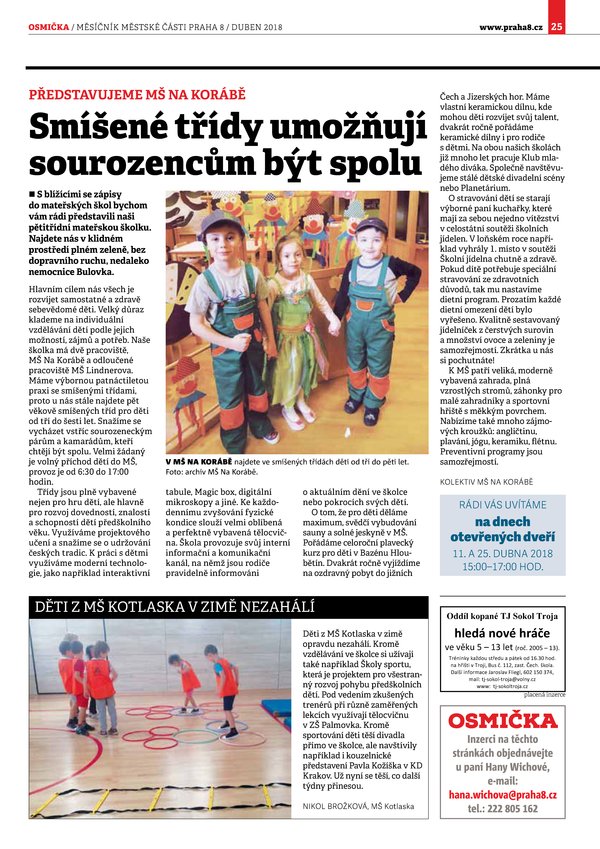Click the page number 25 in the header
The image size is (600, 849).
pyautogui.click(x=584, y=26)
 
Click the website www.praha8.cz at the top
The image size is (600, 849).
pyautogui.click(x=510, y=26)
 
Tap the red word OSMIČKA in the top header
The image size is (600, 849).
pyautogui.click(x=48, y=26)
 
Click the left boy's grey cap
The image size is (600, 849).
pyautogui.click(x=220, y=221)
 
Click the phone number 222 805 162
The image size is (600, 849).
pyautogui.click(x=510, y=809)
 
